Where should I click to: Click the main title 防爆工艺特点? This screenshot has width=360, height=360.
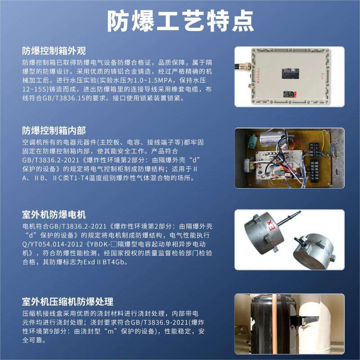pyautogui.click(x=180, y=21)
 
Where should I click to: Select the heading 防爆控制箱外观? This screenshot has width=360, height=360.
pyautogui.click(x=54, y=51)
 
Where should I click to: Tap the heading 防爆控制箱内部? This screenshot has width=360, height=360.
pyautogui.click(x=54, y=130)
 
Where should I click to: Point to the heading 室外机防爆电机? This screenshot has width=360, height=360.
pyautogui.click(x=54, y=215)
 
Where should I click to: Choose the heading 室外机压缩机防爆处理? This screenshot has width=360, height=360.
pyautogui.click(x=68, y=301)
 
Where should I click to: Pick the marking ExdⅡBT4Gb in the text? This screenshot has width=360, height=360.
pyautogui.click(x=104, y=262)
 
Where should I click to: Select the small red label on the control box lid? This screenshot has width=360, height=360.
pyautogui.click(x=289, y=94)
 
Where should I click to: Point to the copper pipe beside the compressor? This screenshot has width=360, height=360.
pyautogui.click(x=274, y=324)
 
